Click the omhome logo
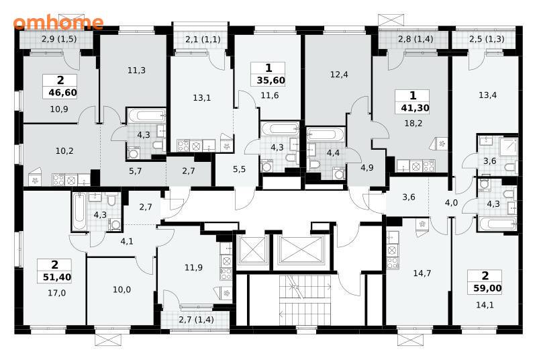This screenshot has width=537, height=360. tap(58, 22)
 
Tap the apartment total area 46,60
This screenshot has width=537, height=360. tap(62, 93)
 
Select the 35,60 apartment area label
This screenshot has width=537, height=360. tap(271, 81)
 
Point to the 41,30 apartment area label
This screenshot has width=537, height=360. tap(415, 108)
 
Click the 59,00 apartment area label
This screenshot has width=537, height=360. tap(487, 288)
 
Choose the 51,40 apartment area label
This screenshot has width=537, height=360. tap(57, 277)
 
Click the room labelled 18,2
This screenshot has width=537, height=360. tap(413, 124)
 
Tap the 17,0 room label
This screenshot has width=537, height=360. tap(57, 294)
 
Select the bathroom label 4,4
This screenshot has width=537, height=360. tap(333, 152)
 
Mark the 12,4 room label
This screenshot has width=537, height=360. tap(339, 75)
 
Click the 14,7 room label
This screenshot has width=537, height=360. tap(422, 273)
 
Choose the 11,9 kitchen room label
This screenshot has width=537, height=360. tap(193, 267)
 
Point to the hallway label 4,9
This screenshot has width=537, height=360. tap(367, 168)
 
